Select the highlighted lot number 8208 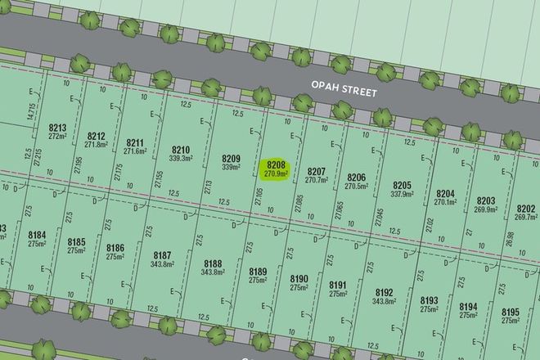pos(273,164)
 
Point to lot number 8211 pos(135,142)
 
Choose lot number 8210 pos(180,150)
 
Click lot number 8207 pos(317,171)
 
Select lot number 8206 pos(356,178)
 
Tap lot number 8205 pos(401,185)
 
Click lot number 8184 pos(37,236)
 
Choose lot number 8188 pos(212,263)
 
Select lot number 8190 pos(299,278)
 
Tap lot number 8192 pos(384,292)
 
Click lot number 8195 pos(510,313)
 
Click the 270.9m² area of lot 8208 pos(273,173)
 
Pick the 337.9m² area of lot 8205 pos(401,195)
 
